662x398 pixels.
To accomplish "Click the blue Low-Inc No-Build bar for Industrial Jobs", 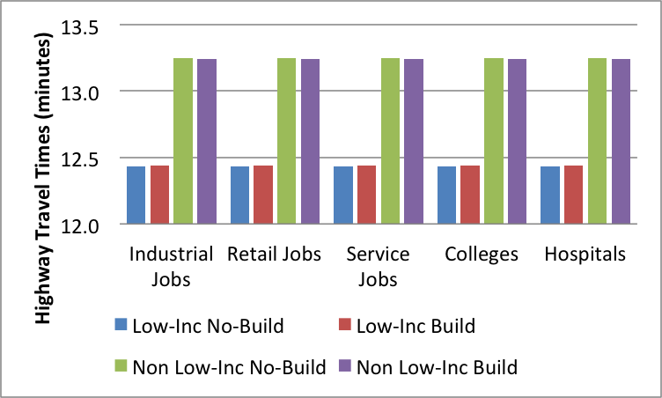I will click(x=136, y=195).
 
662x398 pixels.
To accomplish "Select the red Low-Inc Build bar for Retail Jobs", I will click(x=263, y=195).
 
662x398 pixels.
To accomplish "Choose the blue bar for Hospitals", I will click(x=550, y=195).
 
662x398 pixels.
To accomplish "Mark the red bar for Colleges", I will click(x=470, y=195).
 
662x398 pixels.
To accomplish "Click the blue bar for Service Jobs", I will click(x=343, y=195).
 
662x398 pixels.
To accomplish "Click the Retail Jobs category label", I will click(x=274, y=255).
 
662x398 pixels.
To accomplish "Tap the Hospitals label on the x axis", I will click(x=585, y=255).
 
